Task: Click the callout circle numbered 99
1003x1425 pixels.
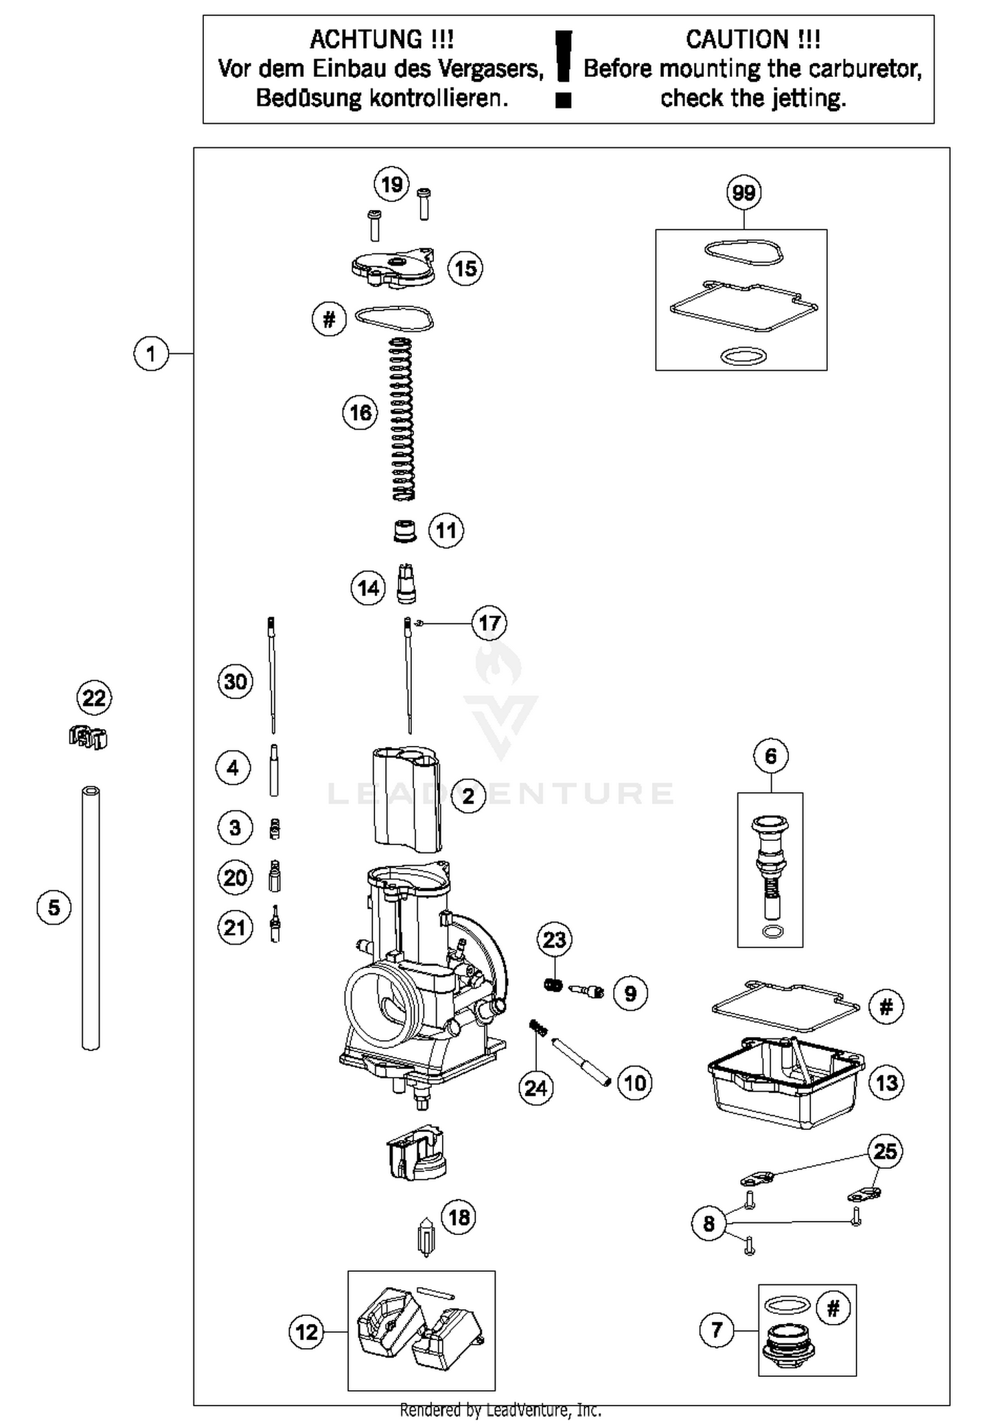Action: point(744,193)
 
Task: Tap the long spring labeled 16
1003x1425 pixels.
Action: point(402,419)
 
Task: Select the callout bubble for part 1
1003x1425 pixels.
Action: point(150,353)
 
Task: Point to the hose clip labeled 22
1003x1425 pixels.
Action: point(88,738)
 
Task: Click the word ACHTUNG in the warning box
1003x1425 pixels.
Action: point(381,39)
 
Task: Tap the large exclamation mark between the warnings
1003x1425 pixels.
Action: point(564,67)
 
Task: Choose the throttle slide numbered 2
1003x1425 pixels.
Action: point(406,799)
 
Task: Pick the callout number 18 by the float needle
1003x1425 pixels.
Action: point(459,1217)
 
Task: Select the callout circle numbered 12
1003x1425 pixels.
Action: point(306,1331)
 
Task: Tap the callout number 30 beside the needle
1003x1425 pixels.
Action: point(235,682)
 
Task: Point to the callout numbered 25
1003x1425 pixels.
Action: point(885,1151)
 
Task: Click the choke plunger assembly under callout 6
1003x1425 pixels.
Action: point(771,870)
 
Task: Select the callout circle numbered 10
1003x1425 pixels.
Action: point(634,1082)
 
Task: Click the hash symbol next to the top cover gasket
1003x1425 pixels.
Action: point(329,319)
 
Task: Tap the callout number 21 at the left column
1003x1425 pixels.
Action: point(235,928)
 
